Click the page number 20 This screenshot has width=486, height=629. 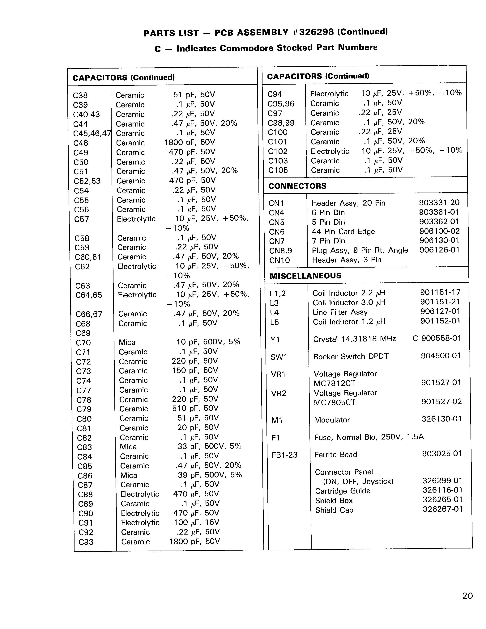467,596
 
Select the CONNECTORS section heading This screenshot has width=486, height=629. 297,186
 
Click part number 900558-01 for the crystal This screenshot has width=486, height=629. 441,338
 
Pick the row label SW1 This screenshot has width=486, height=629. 279,357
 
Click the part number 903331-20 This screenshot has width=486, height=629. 439,202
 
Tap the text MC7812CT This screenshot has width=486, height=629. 334,383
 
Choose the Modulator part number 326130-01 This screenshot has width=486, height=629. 441,419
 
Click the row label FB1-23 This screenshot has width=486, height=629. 284,455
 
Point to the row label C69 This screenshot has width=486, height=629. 83,333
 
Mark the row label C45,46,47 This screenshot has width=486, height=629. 92,134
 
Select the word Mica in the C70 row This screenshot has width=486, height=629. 127,342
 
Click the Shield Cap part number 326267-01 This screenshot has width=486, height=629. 442,509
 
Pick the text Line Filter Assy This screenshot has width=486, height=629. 340,312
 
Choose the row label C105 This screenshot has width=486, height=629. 278,170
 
